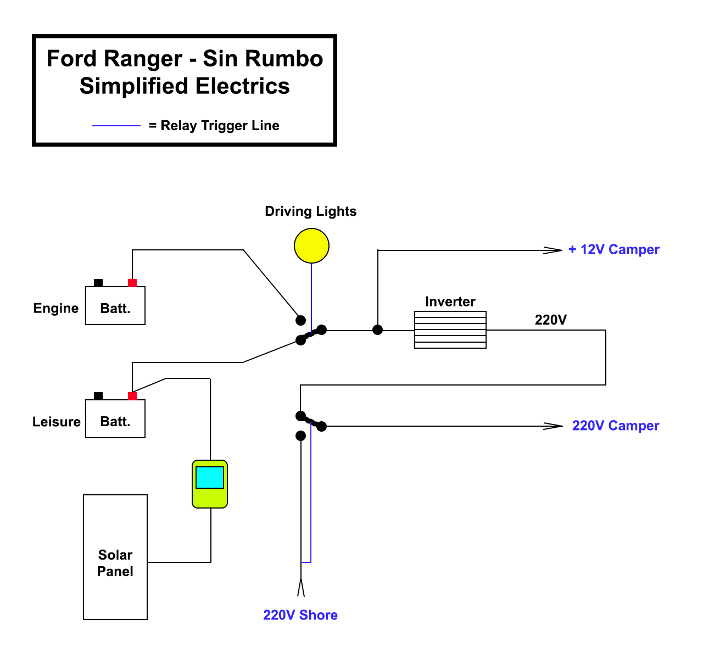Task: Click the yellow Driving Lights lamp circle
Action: (311, 245)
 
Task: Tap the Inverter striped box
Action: (450, 330)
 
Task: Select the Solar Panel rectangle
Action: (115, 557)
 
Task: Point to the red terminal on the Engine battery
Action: (132, 283)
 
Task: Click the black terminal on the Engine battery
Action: (98, 283)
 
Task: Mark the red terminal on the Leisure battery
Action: (132, 396)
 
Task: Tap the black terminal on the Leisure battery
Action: (98, 396)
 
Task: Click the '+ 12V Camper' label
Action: (613, 250)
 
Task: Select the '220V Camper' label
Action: (615, 426)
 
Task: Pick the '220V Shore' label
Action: (300, 615)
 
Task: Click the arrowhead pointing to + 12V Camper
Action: (553, 250)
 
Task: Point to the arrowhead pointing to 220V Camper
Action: (553, 426)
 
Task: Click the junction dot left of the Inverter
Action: (378, 330)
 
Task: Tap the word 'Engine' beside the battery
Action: (56, 308)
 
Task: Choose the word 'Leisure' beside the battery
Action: (57, 422)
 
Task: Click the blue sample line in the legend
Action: (116, 126)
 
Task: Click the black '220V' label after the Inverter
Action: (550, 320)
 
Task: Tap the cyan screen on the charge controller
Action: (210, 477)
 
